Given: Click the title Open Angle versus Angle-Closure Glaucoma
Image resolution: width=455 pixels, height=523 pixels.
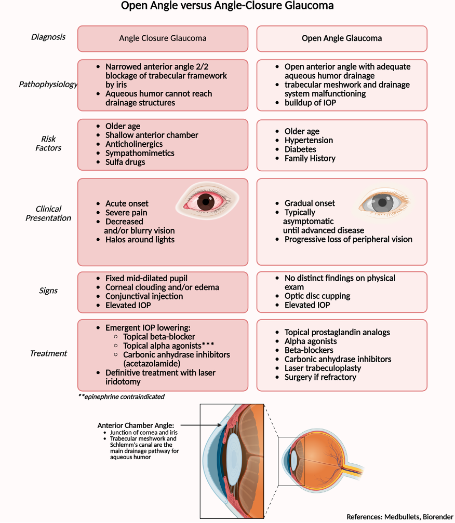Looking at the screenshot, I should (x=228, y=6).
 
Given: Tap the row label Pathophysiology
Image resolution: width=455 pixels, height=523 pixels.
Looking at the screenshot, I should (x=48, y=84).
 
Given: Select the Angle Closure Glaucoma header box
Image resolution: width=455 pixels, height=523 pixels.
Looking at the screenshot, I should (x=163, y=38).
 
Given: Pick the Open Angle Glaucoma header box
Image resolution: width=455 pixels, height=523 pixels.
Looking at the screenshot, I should (x=342, y=38).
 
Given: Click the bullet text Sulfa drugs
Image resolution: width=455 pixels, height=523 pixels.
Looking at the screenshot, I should (x=125, y=162).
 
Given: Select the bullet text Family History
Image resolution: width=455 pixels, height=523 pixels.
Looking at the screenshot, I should (x=310, y=158).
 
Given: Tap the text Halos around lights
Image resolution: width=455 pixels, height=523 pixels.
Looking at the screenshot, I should (x=140, y=239).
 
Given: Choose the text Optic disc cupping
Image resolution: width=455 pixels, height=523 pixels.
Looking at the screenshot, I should (x=317, y=296).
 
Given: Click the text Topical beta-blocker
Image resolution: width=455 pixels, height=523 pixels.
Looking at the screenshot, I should (x=159, y=337).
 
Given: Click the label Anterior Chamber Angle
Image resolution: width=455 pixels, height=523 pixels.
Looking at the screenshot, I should (x=136, y=425).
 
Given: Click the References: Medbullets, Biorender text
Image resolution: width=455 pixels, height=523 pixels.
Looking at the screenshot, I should (x=399, y=517).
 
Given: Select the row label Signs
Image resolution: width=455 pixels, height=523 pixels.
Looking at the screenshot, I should (x=48, y=291).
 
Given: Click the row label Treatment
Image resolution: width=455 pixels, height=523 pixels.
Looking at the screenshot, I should (x=48, y=353).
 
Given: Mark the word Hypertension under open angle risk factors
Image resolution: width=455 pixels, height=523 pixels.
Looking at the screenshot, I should (x=309, y=140).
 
